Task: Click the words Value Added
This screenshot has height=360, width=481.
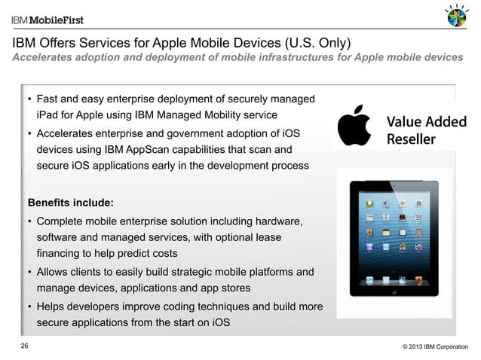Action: [426, 122]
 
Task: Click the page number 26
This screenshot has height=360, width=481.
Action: [26, 346]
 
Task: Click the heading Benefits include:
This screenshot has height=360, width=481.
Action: [72, 203]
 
